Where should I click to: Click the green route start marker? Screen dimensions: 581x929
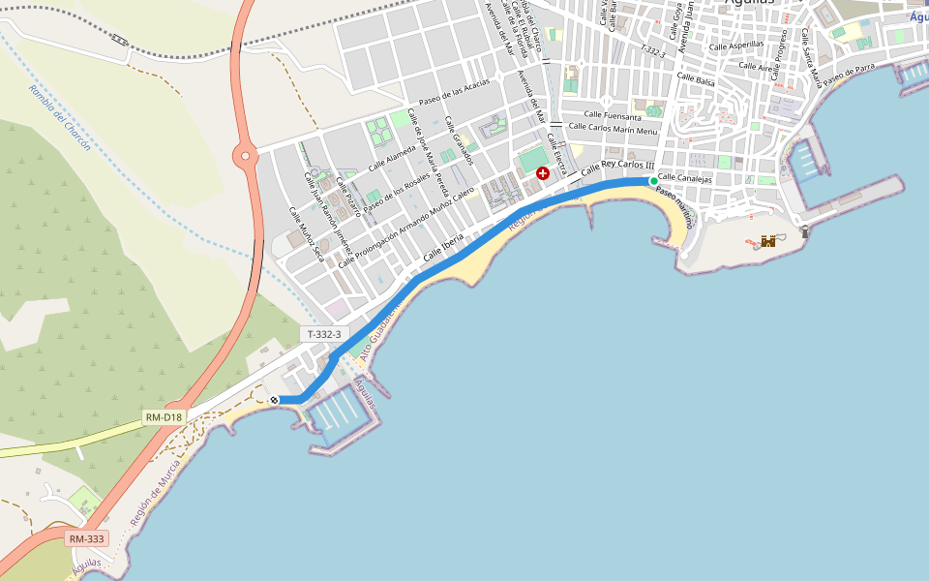point(654,181)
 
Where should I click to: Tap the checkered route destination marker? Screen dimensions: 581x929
point(275,400)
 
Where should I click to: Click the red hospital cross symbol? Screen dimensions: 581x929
point(543,172)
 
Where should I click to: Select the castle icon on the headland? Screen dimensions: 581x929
point(768,240)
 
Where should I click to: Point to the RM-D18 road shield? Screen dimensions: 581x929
point(164,417)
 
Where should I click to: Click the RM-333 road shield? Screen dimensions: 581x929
point(87,538)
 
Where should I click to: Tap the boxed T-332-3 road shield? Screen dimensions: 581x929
point(324,334)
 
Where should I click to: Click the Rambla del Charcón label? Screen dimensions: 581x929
point(60,117)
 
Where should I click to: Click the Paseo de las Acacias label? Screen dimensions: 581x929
point(454,94)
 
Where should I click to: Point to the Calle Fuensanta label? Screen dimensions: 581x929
point(608,116)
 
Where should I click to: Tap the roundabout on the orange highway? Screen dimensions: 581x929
point(243,153)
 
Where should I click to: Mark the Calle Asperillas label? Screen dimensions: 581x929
point(735,46)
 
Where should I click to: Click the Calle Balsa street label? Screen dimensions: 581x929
point(696,80)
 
